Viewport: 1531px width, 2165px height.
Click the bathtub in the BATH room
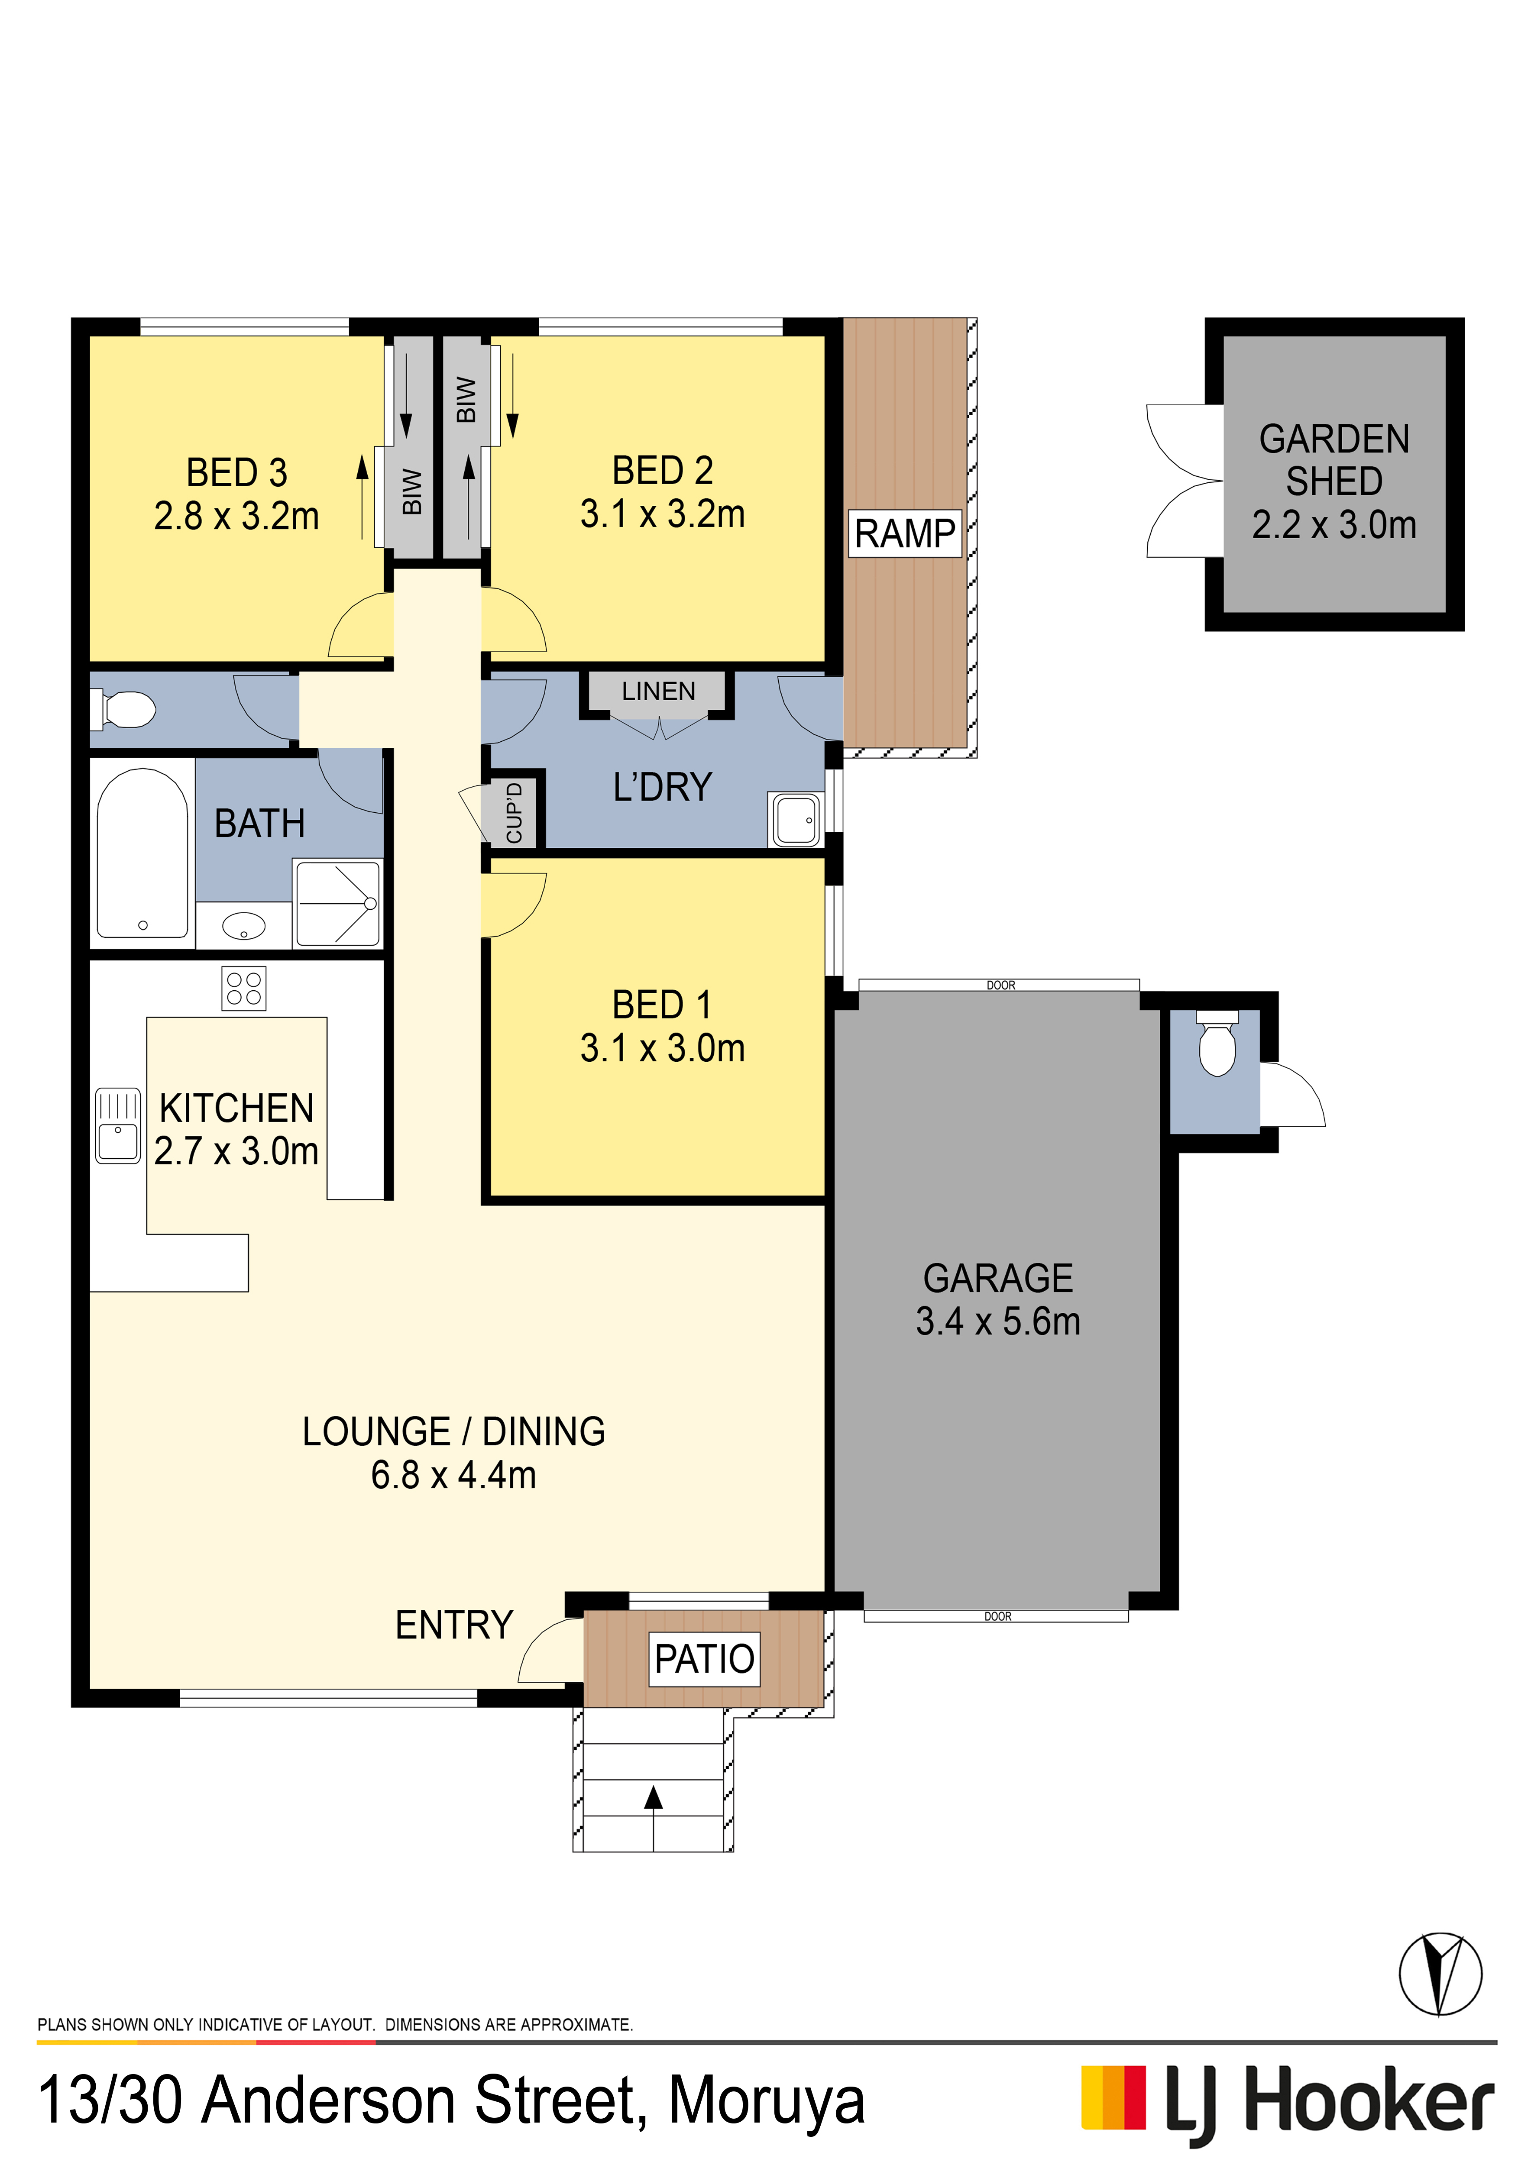142,853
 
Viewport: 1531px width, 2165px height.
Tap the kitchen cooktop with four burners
243,988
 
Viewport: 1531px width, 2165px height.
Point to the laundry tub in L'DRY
797,819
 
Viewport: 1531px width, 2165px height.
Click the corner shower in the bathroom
338,903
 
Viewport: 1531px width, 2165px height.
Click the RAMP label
905,534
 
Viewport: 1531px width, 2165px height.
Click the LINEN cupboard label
658,691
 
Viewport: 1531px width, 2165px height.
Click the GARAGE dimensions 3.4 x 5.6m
998,1321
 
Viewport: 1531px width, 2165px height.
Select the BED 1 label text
662,1005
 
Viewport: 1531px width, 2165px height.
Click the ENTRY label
454,1625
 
